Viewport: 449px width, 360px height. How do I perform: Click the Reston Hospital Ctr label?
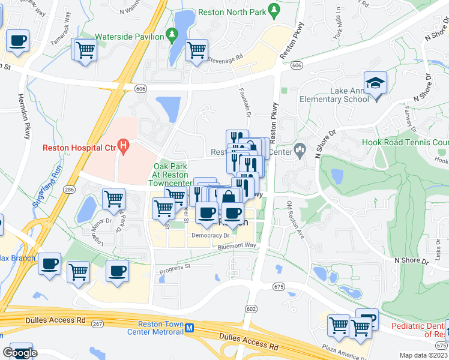(79, 149)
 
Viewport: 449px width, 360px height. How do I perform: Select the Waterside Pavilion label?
(129, 36)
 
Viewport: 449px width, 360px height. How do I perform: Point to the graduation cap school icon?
(375, 83)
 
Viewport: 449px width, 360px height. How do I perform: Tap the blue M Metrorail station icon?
(190, 328)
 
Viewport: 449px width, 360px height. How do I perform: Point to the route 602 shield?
(251, 308)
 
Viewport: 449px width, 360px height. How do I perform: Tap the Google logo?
(20, 352)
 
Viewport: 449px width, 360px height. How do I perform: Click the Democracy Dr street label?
(207, 236)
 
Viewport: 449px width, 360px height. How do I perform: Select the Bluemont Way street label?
(237, 245)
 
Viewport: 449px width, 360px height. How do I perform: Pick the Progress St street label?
(175, 266)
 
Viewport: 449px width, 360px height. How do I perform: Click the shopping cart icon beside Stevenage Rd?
(196, 50)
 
